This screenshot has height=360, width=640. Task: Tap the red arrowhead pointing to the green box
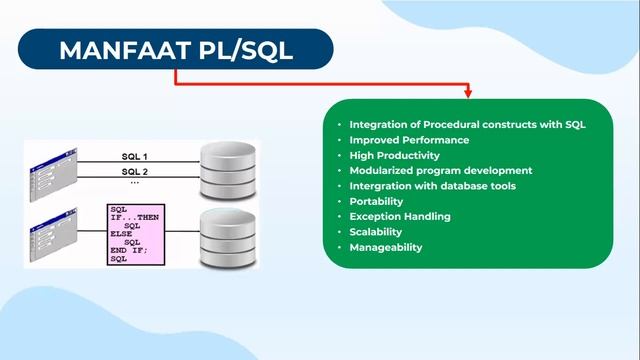[x=467, y=95]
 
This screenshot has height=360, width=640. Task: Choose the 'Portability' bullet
[x=376, y=201]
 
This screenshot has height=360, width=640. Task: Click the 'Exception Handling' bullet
[x=399, y=216]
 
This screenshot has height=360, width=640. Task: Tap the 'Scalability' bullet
[x=376, y=232]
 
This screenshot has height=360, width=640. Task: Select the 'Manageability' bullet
[x=385, y=247]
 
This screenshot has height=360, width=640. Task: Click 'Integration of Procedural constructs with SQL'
[x=467, y=125]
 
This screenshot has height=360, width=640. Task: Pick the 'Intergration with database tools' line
[x=432, y=186]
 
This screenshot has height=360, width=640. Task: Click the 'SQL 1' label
[x=134, y=156]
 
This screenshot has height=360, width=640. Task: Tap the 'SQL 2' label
[x=134, y=171]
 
